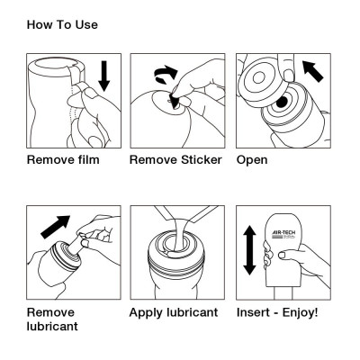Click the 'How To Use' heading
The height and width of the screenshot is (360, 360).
click(62, 24)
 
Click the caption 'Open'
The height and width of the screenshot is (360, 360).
click(252, 160)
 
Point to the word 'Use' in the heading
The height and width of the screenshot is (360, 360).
click(86, 24)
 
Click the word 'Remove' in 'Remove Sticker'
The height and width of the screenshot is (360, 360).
click(153, 160)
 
